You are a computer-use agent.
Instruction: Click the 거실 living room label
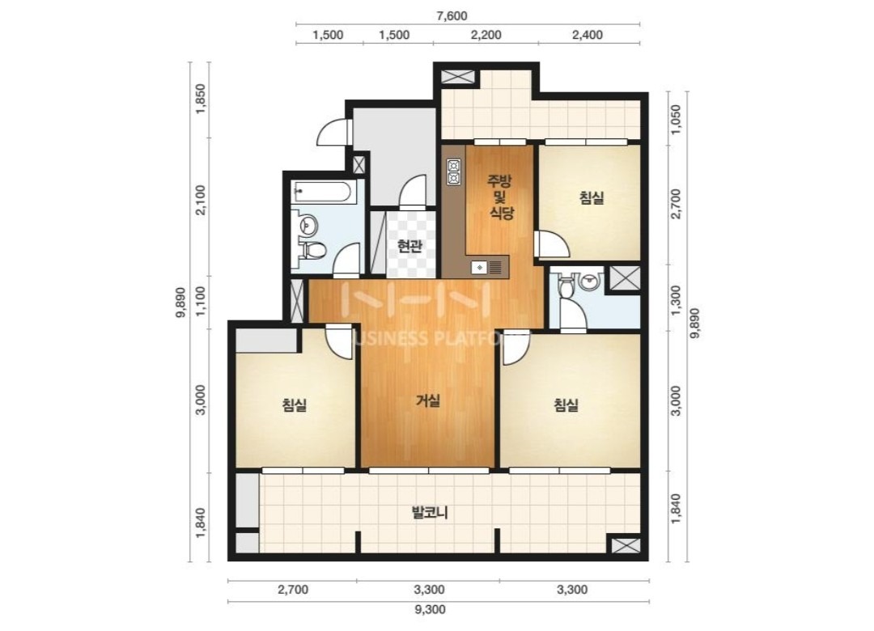pyautogui.click(x=428, y=400)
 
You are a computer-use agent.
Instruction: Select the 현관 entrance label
pyautogui.click(x=409, y=246)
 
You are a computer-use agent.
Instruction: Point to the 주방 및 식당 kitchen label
pyautogui.click(x=501, y=197)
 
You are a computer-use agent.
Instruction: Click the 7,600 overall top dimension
pyautogui.click(x=452, y=15)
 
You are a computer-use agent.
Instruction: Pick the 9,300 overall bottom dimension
pyautogui.click(x=430, y=609)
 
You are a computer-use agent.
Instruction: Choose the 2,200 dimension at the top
pyautogui.click(x=486, y=35)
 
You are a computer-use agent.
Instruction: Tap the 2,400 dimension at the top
pyautogui.click(x=587, y=35)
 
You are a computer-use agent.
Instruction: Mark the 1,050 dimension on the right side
pyautogui.click(x=676, y=119)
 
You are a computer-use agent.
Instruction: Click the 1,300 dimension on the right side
pyautogui.click(x=676, y=300)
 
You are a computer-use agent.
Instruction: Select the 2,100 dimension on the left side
pyautogui.click(x=201, y=199)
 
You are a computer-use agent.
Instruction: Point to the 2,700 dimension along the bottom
pyautogui.click(x=293, y=589)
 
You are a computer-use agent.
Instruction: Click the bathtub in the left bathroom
pyautogui.click(x=322, y=193)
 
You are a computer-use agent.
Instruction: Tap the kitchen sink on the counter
pyautogui.click(x=479, y=268)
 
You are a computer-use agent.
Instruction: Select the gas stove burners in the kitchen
pyautogui.click(x=454, y=172)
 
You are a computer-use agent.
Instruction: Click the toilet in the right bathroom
pyautogui.click(x=566, y=286)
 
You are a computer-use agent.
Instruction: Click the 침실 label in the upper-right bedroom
pyautogui.click(x=591, y=197)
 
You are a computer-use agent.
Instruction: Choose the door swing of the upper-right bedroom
pyautogui.click(x=552, y=244)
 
